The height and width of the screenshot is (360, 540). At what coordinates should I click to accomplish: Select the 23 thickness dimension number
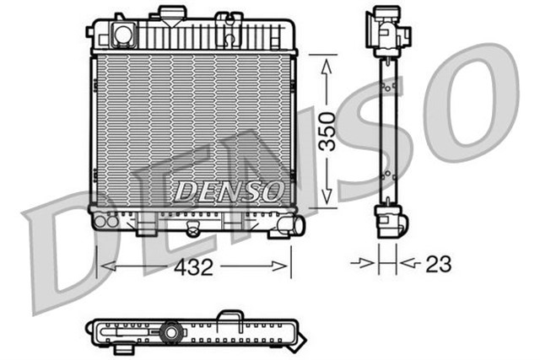point(438,264)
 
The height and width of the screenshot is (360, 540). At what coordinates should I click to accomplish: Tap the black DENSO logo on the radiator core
point(227,191)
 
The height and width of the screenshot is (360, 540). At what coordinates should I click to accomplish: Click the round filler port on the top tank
point(123,35)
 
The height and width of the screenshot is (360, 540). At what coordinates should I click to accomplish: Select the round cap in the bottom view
point(172,332)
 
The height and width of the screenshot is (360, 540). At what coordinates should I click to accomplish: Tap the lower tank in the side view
point(390,221)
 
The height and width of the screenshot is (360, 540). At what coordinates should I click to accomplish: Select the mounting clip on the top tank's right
point(228,27)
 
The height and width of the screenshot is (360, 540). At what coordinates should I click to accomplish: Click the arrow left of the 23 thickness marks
point(365,264)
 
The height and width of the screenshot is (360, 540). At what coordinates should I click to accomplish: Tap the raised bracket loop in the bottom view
point(229,316)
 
